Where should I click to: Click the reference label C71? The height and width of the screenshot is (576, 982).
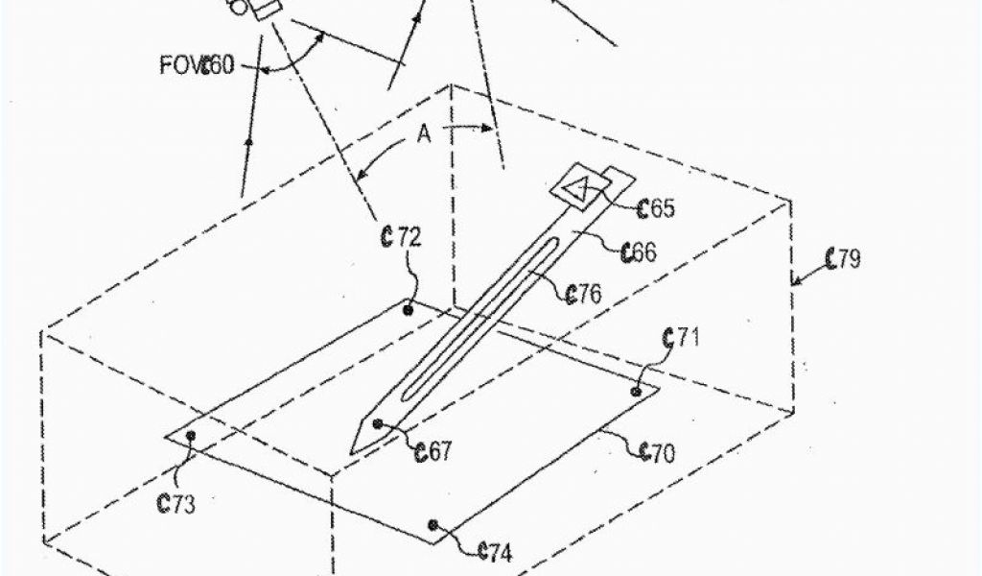point(682,337)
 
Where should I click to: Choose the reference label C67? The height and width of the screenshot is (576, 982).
point(433,450)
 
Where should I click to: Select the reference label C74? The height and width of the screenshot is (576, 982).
point(493,551)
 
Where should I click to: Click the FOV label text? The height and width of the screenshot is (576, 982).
point(179,67)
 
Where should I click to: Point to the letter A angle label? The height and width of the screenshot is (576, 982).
point(423,135)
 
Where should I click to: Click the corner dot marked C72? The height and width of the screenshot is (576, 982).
point(409,310)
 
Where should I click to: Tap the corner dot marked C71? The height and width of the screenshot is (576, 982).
point(637,391)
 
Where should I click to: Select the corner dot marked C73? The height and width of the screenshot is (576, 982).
point(191,436)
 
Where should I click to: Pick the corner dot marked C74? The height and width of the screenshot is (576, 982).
point(433,524)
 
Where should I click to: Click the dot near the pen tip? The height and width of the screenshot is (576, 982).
point(378,423)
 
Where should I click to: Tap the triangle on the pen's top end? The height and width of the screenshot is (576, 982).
point(578,190)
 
